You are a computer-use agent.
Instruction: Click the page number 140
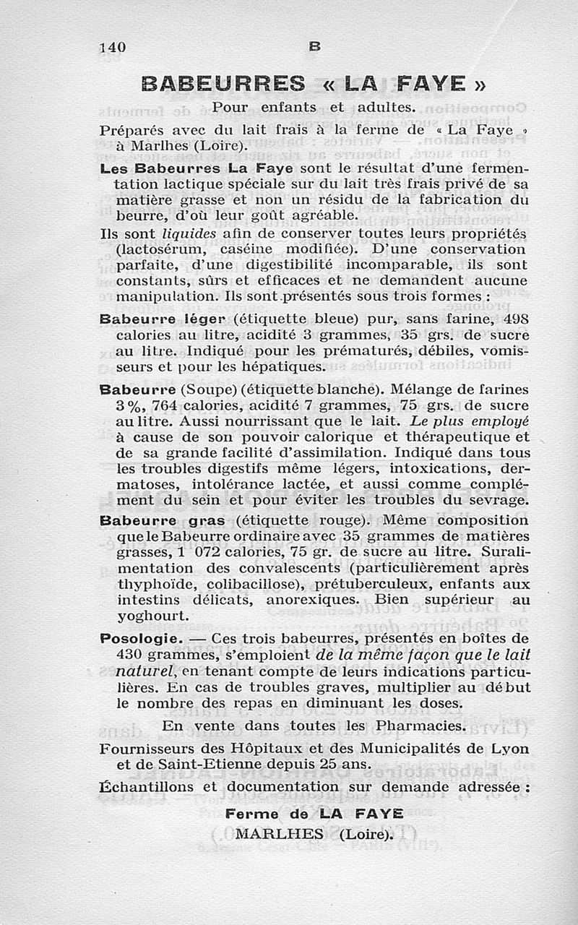pyautogui.click(x=113, y=47)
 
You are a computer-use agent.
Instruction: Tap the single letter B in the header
pyautogui.click(x=314, y=46)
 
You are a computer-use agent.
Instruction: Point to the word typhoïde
pyautogui.click(x=149, y=583)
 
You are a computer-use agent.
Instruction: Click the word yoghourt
pyautogui.click(x=152, y=616)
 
